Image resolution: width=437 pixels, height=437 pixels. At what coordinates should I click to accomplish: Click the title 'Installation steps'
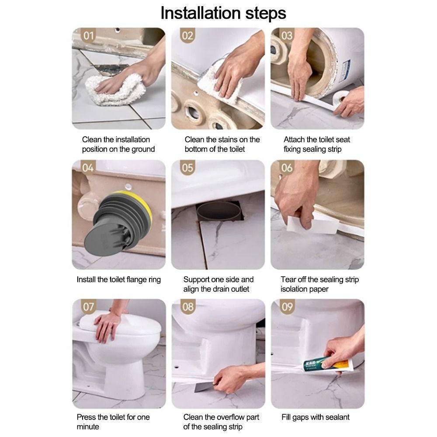pos(223,13)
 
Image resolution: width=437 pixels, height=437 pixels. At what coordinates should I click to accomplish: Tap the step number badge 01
pos(88,36)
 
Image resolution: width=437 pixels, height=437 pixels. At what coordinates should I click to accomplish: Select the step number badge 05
pos(187,168)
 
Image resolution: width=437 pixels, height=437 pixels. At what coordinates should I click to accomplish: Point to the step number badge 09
pos(287,306)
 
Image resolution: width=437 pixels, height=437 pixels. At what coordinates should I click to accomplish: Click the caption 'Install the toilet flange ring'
pos(119,280)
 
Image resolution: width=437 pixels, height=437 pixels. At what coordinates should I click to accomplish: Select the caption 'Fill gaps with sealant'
pos(316,417)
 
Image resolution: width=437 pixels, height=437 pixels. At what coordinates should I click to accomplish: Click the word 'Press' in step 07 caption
pos(87,417)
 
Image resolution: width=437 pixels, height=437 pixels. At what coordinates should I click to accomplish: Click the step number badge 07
pos(88,306)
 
